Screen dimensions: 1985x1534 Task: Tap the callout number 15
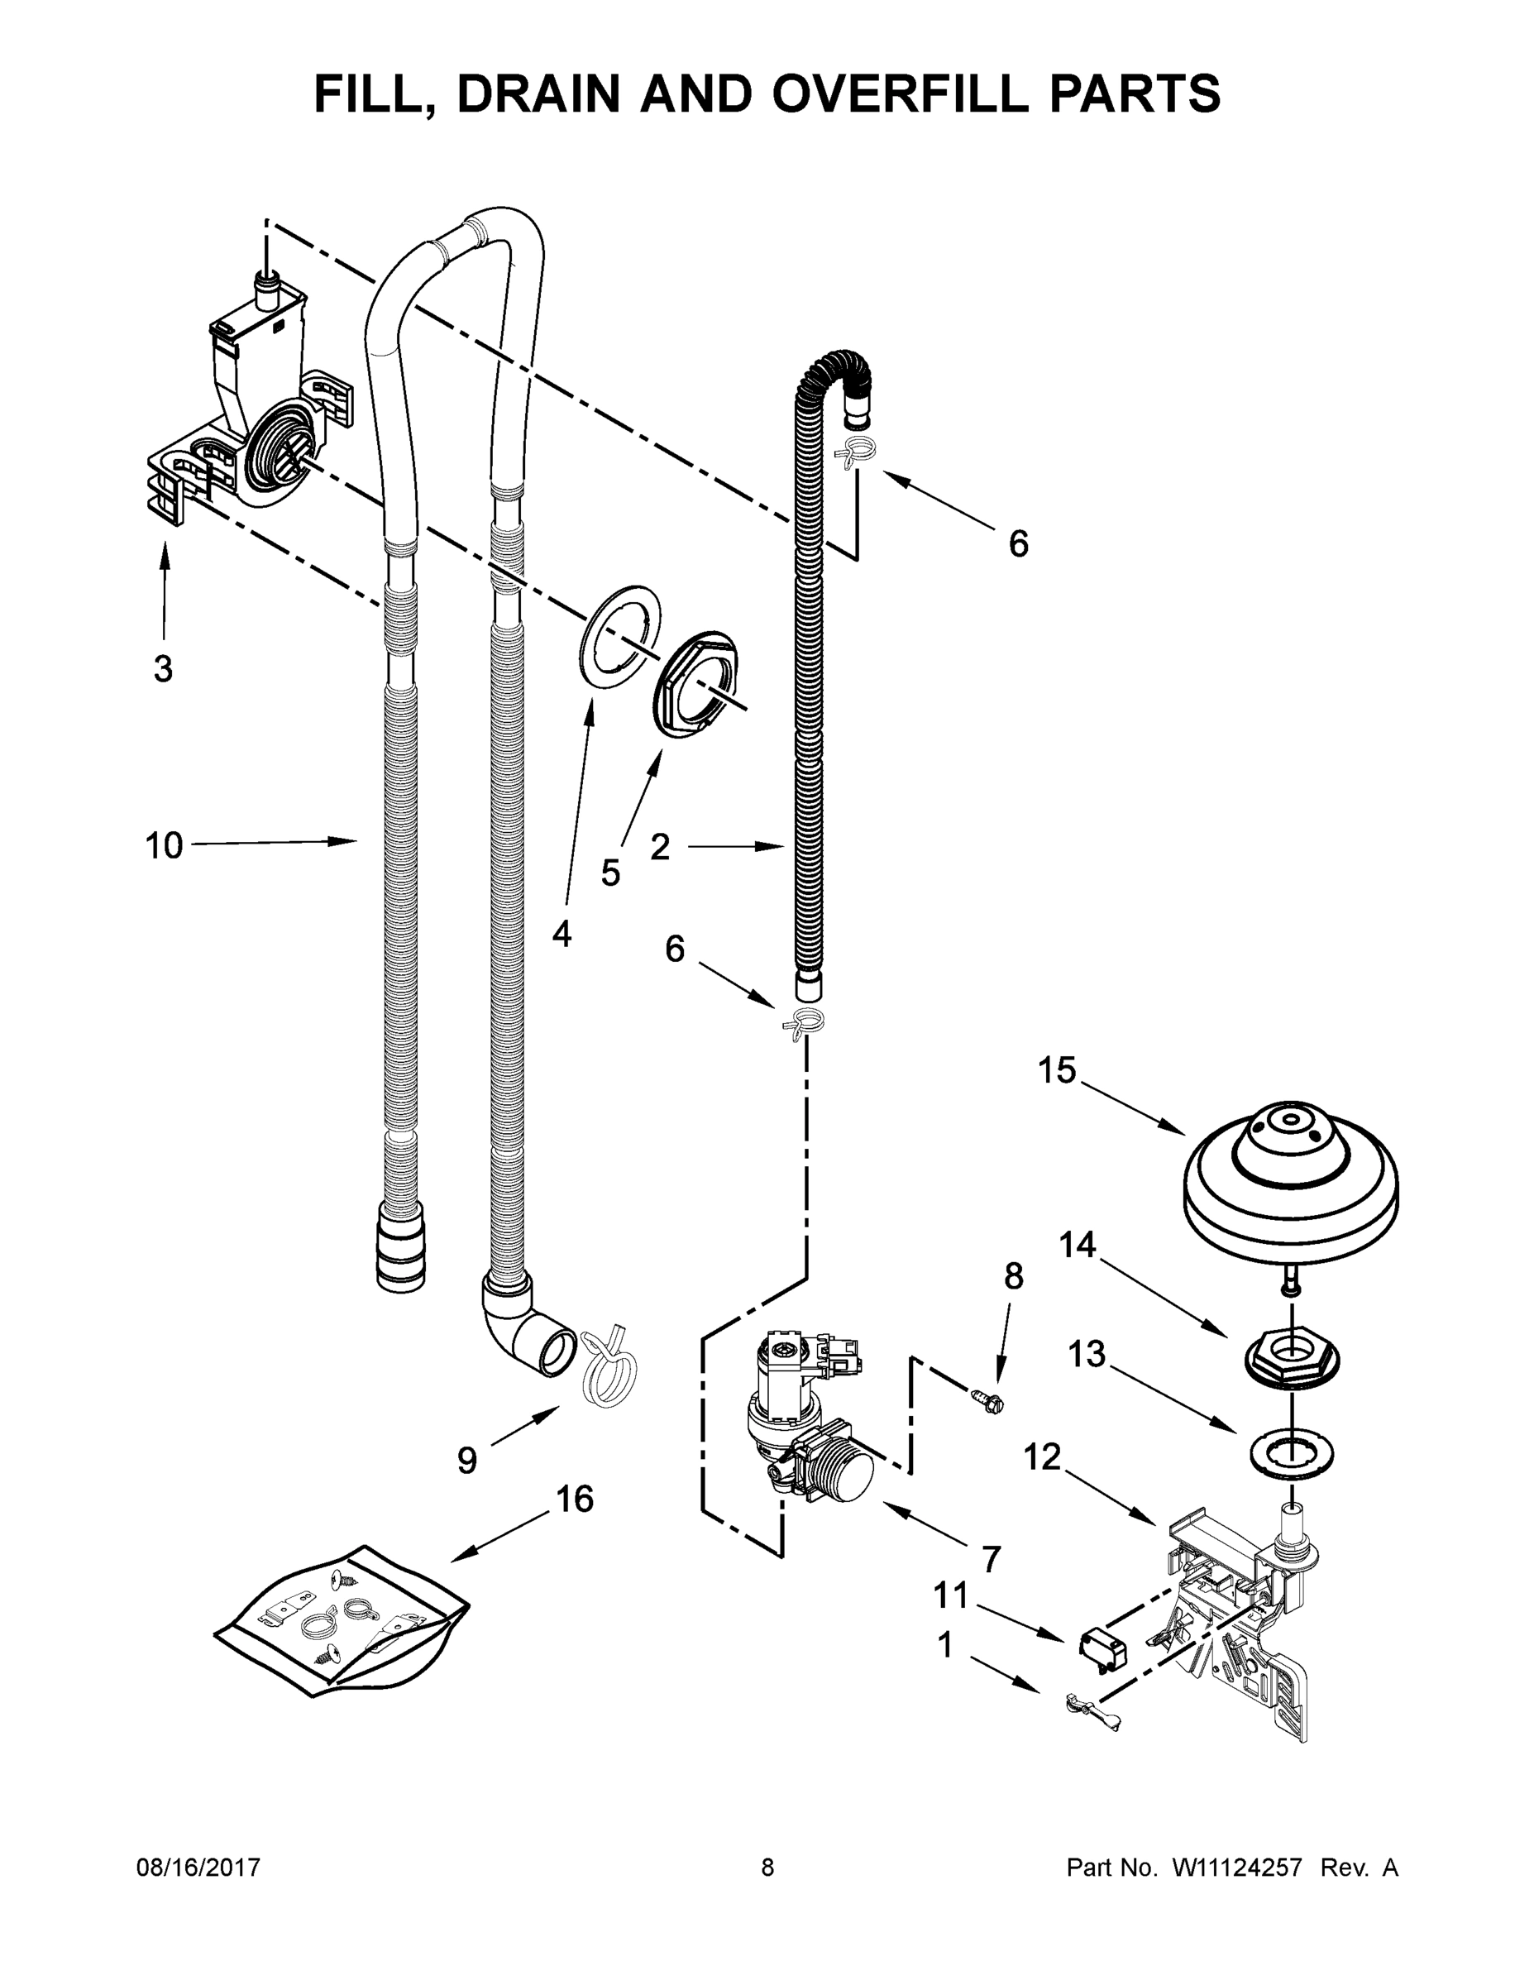(1058, 1071)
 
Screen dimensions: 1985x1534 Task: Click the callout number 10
(164, 846)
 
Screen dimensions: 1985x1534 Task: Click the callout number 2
(660, 847)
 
